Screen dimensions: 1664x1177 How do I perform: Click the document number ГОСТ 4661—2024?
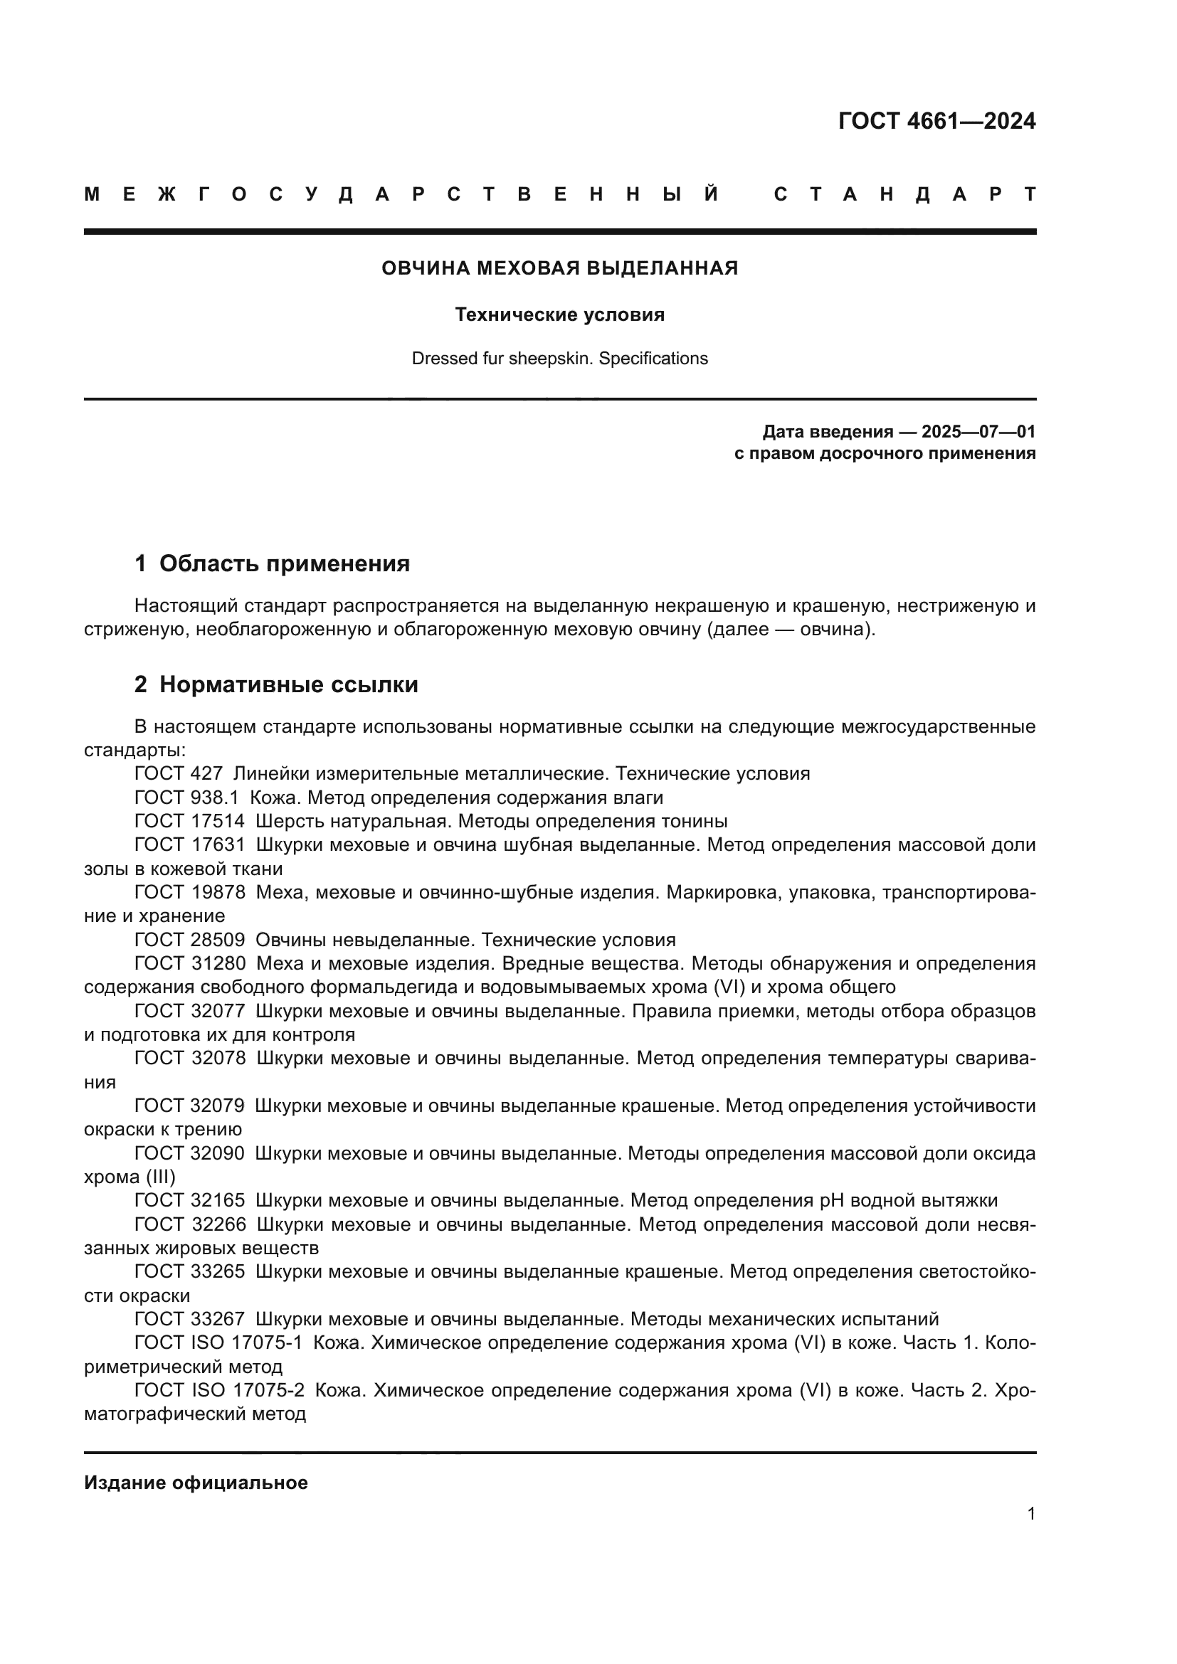pos(936,121)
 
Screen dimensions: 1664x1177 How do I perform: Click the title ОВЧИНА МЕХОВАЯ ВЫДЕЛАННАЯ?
pos(559,268)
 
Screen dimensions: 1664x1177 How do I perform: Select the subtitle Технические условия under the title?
pos(559,314)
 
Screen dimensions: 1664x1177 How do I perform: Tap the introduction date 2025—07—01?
pos(978,432)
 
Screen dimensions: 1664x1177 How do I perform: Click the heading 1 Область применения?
pos(272,563)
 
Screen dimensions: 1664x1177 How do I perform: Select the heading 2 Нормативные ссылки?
pos(276,684)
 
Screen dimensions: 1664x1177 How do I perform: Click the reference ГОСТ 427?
pos(179,773)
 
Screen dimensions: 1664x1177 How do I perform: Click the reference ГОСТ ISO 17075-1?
pos(218,1343)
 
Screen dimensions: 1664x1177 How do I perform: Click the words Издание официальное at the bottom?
pos(196,1483)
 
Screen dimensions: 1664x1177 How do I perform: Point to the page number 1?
pos(1030,1513)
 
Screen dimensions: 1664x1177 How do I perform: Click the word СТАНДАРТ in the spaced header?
pos(905,194)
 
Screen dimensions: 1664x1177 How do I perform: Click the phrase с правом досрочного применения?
pos(885,454)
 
